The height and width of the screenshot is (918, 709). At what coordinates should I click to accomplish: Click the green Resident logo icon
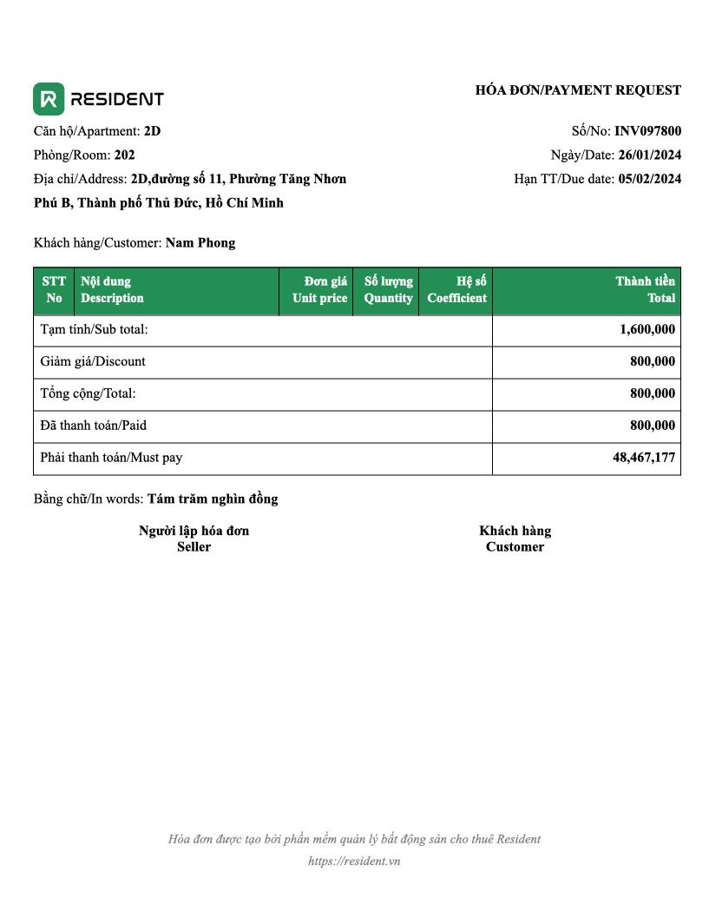(49, 99)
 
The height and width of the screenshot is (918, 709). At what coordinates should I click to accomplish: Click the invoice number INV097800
(647, 131)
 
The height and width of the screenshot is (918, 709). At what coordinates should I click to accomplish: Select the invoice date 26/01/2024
(649, 155)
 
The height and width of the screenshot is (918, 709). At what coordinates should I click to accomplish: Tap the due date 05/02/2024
(649, 179)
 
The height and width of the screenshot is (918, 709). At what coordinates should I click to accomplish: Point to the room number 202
(124, 155)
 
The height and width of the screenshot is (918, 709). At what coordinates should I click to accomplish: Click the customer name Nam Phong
(200, 242)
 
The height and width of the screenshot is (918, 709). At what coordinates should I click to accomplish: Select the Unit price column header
(319, 290)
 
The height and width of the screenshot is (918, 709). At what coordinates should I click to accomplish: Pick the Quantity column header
(388, 290)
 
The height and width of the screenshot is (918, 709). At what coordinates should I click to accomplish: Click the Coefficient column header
(456, 290)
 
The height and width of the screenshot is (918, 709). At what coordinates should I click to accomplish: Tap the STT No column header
(54, 290)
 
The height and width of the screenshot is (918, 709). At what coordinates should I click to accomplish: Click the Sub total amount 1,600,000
(647, 329)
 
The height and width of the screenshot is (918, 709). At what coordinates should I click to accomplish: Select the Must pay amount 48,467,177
(644, 457)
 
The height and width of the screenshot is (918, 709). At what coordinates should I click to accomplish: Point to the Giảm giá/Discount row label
(93, 361)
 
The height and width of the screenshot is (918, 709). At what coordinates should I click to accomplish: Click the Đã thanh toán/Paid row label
(99, 426)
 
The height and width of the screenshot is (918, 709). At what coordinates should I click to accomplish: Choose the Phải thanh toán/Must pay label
(111, 457)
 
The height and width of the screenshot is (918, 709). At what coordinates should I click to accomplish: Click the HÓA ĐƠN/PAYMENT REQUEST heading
(578, 90)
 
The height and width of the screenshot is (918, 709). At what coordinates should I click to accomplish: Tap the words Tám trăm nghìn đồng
(213, 499)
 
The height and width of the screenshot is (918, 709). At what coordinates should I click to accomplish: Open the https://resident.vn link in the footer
(354, 862)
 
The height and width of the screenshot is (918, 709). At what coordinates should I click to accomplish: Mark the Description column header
(112, 290)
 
